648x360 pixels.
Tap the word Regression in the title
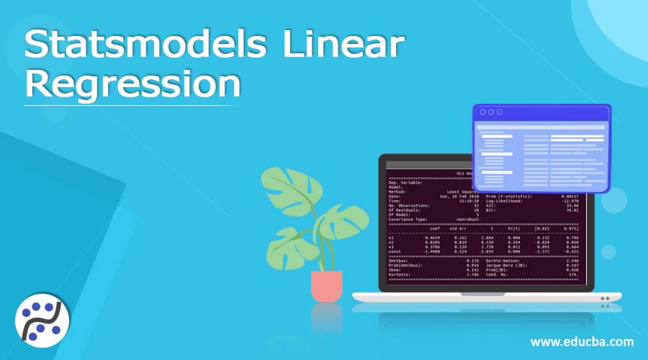tap(132, 85)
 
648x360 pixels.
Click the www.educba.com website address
tap(582, 341)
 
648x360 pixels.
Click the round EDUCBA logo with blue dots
tap(42, 319)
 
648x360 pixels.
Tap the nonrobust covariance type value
tap(467, 219)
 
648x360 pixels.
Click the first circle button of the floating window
tap(482, 112)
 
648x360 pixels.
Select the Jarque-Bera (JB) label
tap(508, 266)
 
